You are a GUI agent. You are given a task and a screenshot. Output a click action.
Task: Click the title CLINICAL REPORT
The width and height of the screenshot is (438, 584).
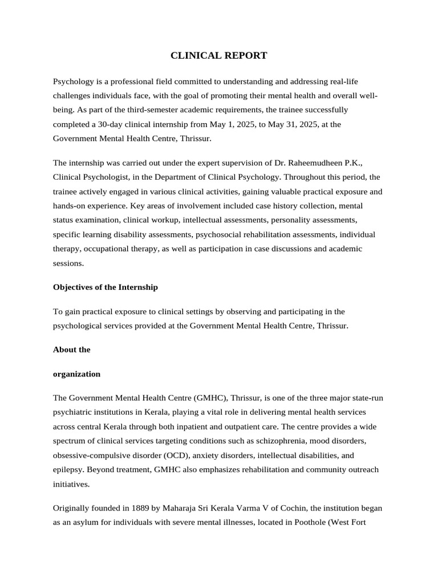pos(219,55)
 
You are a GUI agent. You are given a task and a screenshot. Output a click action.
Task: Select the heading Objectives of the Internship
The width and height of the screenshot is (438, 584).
pos(106,287)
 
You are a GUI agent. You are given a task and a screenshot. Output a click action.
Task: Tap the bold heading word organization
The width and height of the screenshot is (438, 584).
pos(76,374)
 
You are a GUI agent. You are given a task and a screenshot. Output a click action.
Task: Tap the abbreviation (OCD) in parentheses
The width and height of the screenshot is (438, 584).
pos(181,455)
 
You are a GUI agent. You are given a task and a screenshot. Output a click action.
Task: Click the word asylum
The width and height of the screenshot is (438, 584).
pos(83,522)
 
